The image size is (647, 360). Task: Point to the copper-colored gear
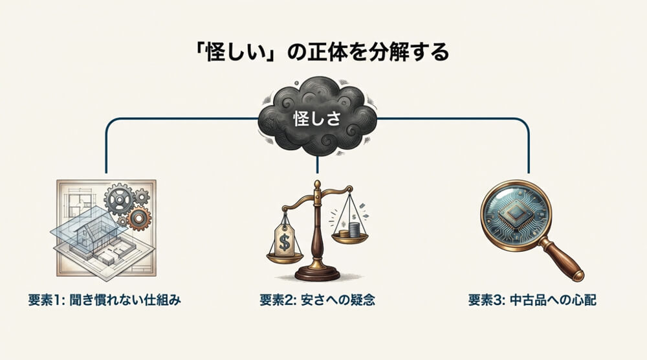tap(138, 219)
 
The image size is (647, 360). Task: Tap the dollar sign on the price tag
tap(283, 243)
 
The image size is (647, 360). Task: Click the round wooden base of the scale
tap(317, 273)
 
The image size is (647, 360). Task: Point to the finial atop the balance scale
tap(317, 186)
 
